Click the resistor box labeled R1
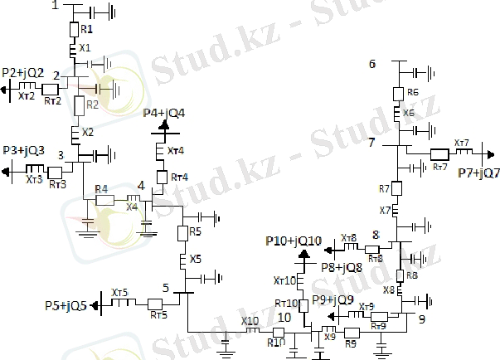(74, 30)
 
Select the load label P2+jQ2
(23, 73)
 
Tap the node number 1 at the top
(55, 6)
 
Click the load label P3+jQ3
(23, 150)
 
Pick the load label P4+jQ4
(164, 112)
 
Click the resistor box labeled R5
(182, 231)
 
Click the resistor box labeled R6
(398, 93)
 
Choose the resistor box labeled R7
(396, 189)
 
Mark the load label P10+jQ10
(294, 241)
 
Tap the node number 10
(284, 316)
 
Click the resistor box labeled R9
(350, 332)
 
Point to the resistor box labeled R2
(80, 105)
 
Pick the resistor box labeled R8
(399, 275)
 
